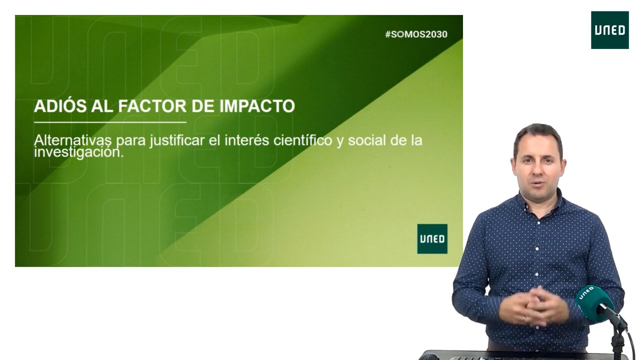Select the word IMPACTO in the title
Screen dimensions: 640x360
pyautogui.click(x=257, y=106)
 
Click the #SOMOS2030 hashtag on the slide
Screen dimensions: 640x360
pyautogui.click(x=416, y=34)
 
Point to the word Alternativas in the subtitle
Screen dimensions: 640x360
pyautogui.click(x=73, y=140)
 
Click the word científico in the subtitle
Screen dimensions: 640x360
pyautogui.click(x=302, y=140)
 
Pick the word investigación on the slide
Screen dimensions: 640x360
pyautogui.click(x=79, y=152)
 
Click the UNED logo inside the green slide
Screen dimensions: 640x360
pyautogui.click(x=432, y=239)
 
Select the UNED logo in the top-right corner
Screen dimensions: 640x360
pyautogui.click(x=610, y=30)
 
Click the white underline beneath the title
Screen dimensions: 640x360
pyautogui.click(x=110, y=122)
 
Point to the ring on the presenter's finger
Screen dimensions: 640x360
pyautogui.click(x=523, y=317)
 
